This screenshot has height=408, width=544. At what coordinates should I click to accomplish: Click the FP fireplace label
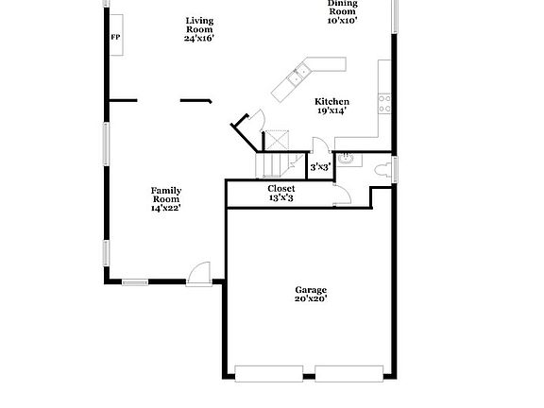pos(115,37)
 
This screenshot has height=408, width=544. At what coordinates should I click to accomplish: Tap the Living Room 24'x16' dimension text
pos(198,38)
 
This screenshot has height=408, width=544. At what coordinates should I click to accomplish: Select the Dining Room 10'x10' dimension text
pos(342,20)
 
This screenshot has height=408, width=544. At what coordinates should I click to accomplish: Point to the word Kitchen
pos(332,102)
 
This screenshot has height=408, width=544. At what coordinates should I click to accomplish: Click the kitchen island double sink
pos(296,76)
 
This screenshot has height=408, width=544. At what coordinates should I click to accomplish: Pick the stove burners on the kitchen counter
pos(384,103)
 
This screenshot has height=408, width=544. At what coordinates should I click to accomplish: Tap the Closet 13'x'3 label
pos(281,193)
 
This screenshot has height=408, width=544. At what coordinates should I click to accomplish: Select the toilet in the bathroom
pos(382,170)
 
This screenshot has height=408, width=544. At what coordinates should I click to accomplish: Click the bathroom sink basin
pos(347,159)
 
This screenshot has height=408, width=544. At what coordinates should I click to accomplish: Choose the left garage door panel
pos(269,374)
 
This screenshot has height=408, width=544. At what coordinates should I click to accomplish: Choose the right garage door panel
pos(349,374)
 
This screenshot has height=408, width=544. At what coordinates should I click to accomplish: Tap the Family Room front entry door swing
pos(198,274)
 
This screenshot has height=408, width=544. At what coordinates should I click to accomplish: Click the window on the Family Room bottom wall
pos(135,282)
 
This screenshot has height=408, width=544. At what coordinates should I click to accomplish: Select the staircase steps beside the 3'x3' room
pos(277,165)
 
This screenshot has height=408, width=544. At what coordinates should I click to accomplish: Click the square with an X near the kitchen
pos(277,140)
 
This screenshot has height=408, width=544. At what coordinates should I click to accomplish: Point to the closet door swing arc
pos(343,195)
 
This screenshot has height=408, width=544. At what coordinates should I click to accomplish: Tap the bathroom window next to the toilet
pos(395,170)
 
